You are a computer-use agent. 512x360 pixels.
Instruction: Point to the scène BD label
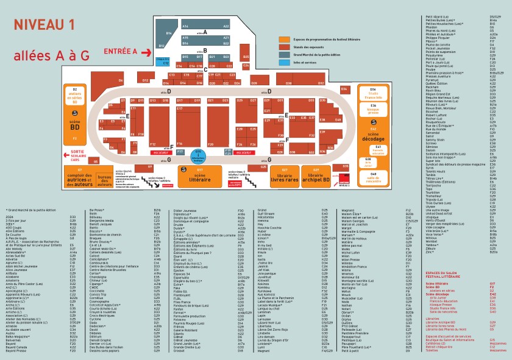[x=76, y=127]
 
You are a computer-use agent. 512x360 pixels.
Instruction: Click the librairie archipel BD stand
[x=316, y=177]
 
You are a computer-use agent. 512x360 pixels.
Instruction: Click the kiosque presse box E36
[x=373, y=110]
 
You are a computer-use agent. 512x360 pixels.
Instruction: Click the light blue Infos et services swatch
[x=285, y=62]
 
